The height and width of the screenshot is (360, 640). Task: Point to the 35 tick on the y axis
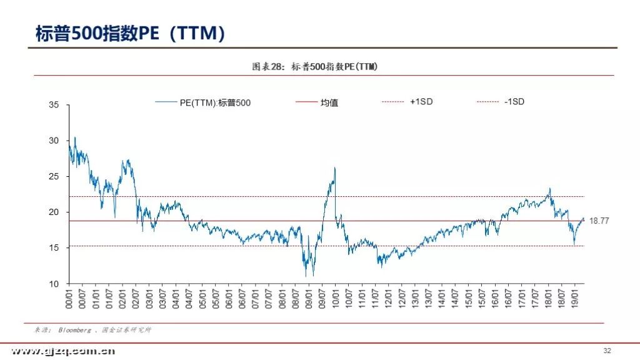pyautogui.click(x=54, y=106)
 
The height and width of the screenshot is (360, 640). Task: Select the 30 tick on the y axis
pyautogui.click(x=54, y=141)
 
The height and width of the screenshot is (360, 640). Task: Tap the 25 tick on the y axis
pyautogui.click(x=54, y=177)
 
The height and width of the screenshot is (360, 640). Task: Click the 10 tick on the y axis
pyautogui.click(x=54, y=284)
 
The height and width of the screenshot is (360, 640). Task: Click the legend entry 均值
pyautogui.click(x=329, y=102)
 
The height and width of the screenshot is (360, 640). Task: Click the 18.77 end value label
pyautogui.click(x=599, y=221)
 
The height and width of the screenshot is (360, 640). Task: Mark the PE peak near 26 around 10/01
pyautogui.click(x=335, y=167)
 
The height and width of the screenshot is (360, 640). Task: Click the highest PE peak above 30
pyautogui.click(x=75, y=137)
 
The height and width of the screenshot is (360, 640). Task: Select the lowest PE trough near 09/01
pyautogui.click(x=306, y=276)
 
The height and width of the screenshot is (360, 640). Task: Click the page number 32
pyautogui.click(x=607, y=349)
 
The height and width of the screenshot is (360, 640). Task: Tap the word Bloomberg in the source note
pyautogui.click(x=74, y=330)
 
